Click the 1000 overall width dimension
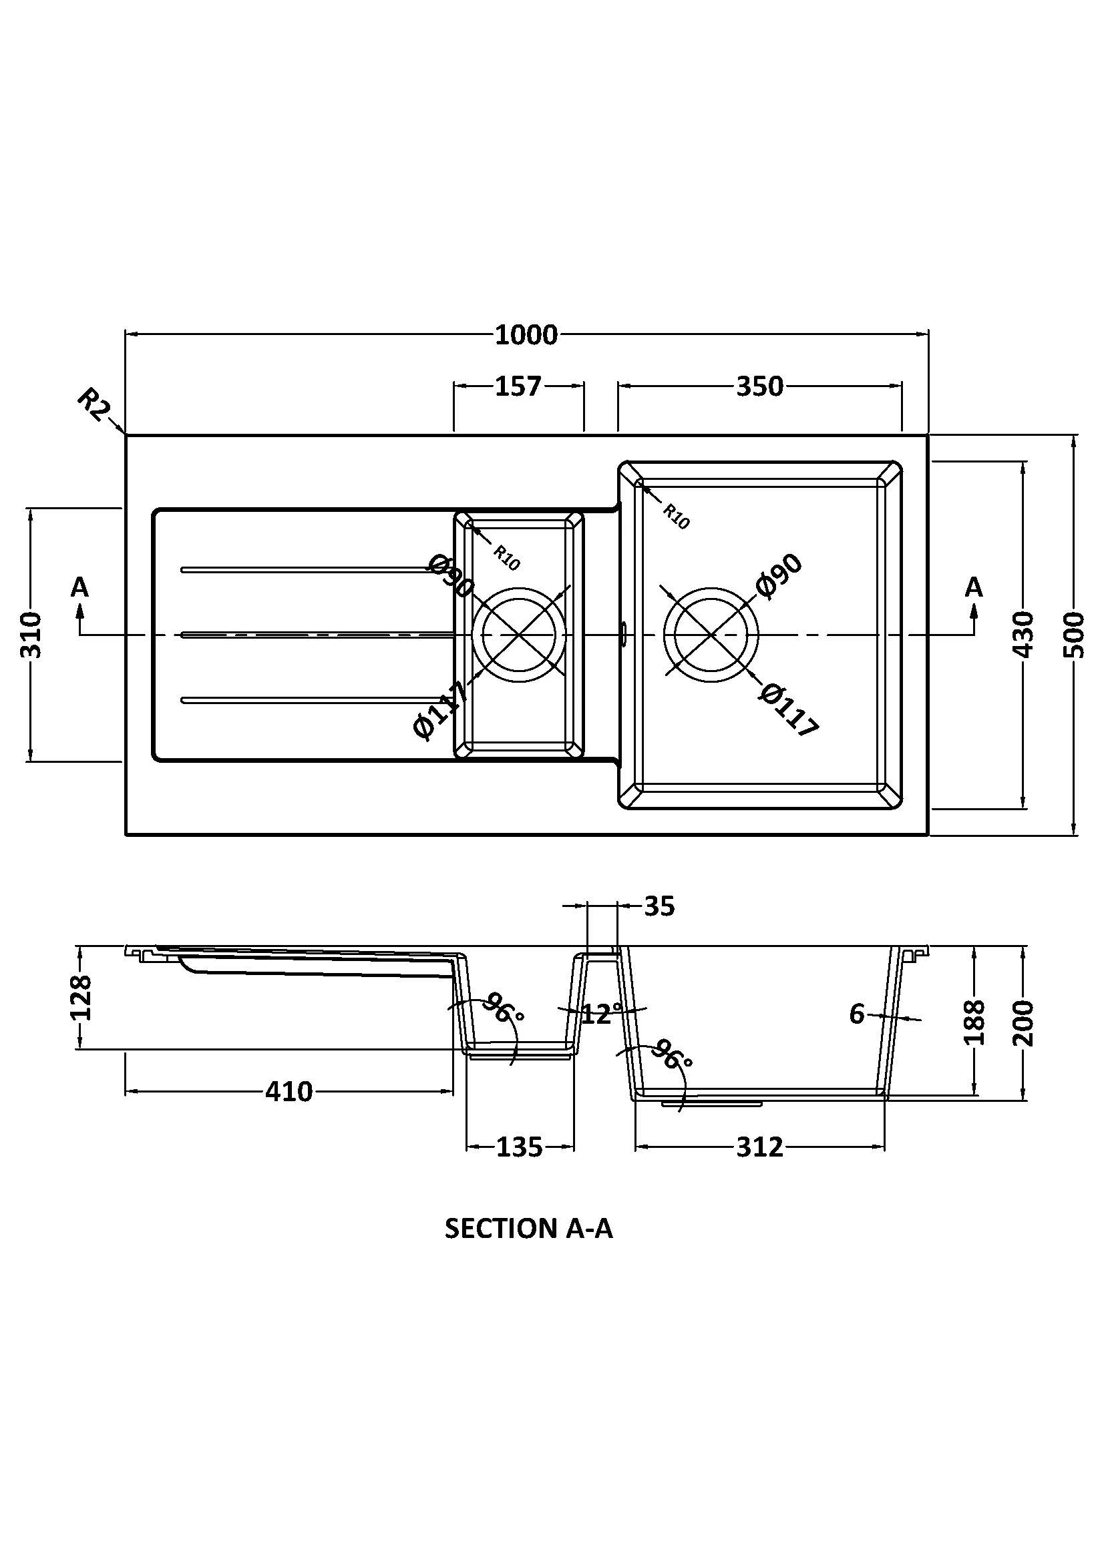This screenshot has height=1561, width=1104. pyautogui.click(x=526, y=334)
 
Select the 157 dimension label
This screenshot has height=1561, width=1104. pyautogui.click(x=518, y=386)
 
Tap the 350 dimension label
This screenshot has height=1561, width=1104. pyautogui.click(x=760, y=386)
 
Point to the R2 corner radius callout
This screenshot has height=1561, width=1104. pyautogui.click(x=94, y=405)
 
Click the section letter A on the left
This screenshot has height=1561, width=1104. pyautogui.click(x=79, y=587)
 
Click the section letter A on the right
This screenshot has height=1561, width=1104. pyautogui.click(x=974, y=587)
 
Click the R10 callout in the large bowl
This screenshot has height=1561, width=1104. pyautogui.click(x=676, y=517)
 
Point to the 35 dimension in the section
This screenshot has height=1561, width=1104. pyautogui.click(x=659, y=906)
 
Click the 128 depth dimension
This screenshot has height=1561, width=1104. pyautogui.click(x=81, y=997)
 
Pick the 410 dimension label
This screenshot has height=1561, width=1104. pyautogui.click(x=289, y=1092)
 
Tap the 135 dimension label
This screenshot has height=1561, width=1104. pyautogui.click(x=520, y=1148)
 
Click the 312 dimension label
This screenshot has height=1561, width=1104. pyautogui.click(x=760, y=1148)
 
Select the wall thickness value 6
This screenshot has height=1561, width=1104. pyautogui.click(x=856, y=1014)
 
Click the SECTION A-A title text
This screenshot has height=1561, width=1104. pyautogui.click(x=528, y=1229)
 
